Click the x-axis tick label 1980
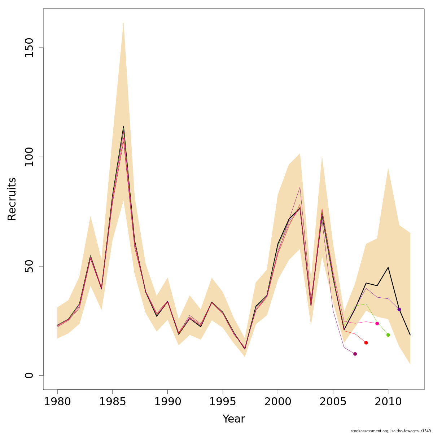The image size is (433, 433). point(57,402)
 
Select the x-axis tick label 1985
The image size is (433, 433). point(113,402)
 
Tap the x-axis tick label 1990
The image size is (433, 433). point(167,402)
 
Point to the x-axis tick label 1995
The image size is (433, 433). point(223,402)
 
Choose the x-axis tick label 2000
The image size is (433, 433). point(278,402)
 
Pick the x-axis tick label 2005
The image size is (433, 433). point(333,402)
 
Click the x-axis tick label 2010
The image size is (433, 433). point(388,402)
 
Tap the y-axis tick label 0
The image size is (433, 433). point(29,375)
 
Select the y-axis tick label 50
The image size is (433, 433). point(29,266)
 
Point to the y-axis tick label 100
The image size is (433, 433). point(29,157)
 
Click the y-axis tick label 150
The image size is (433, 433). point(29,48)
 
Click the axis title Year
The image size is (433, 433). point(233,419)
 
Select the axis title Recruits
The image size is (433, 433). point(12,199)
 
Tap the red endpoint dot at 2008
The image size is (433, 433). point(366,342)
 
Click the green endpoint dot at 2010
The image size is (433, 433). point(388,335)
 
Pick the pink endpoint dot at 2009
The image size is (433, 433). point(377,323)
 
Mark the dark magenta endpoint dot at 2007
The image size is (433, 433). point(355,354)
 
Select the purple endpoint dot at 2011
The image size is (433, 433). point(399,309)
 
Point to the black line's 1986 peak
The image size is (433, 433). point(123,127)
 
